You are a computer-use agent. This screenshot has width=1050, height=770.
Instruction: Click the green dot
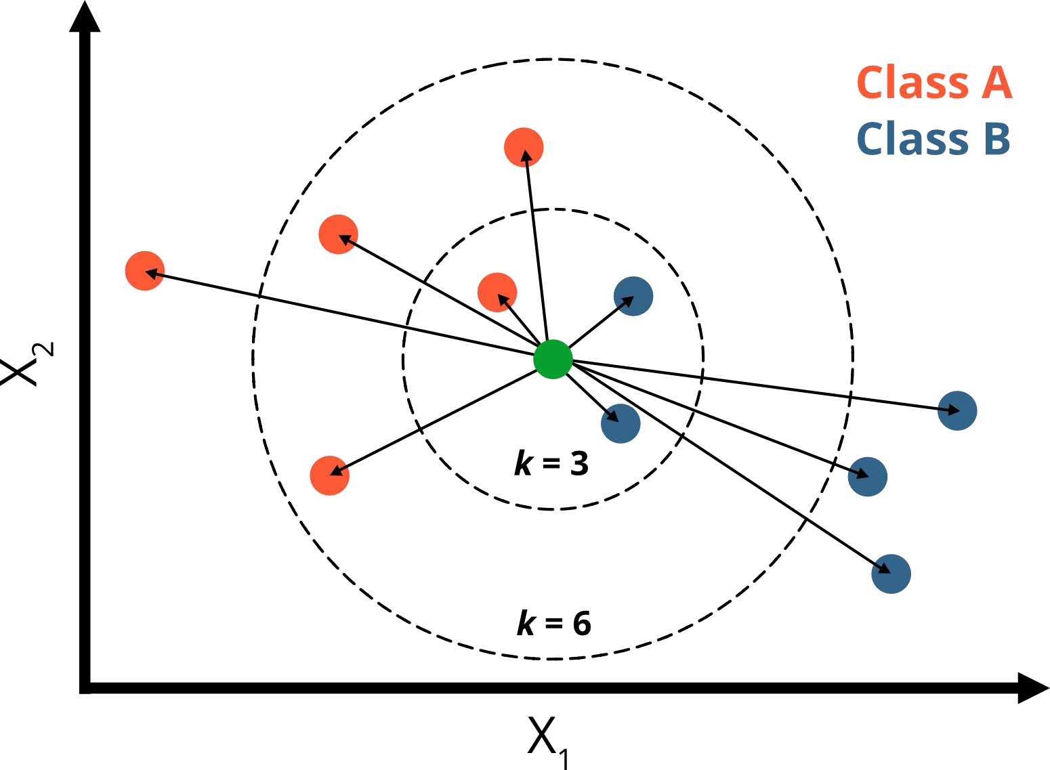point(553,359)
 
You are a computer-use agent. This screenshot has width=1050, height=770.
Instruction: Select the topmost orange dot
point(524,147)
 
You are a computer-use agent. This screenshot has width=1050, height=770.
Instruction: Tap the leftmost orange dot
point(145,271)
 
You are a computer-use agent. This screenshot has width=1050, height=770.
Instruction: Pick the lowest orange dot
point(329,475)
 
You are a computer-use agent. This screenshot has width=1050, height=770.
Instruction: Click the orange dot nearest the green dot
point(497,293)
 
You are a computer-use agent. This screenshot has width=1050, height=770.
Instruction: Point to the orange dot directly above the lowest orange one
point(338,234)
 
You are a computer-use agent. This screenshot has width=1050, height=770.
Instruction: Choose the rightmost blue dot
point(957,410)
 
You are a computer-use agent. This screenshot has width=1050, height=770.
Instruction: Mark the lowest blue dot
point(891,574)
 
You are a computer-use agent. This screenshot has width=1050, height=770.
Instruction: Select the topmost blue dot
point(633,296)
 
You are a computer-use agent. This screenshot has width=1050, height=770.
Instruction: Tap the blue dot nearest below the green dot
point(621,423)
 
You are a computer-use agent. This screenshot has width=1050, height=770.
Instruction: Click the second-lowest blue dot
point(868,476)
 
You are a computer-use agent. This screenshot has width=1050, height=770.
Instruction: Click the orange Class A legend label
point(934,83)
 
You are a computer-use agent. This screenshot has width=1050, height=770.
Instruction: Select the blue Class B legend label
point(933,138)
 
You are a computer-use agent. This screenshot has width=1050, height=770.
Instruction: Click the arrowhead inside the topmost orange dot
point(526,156)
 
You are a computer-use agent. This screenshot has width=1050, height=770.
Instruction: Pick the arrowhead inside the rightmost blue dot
point(954,410)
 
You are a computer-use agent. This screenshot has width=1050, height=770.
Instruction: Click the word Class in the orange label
point(912,83)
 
